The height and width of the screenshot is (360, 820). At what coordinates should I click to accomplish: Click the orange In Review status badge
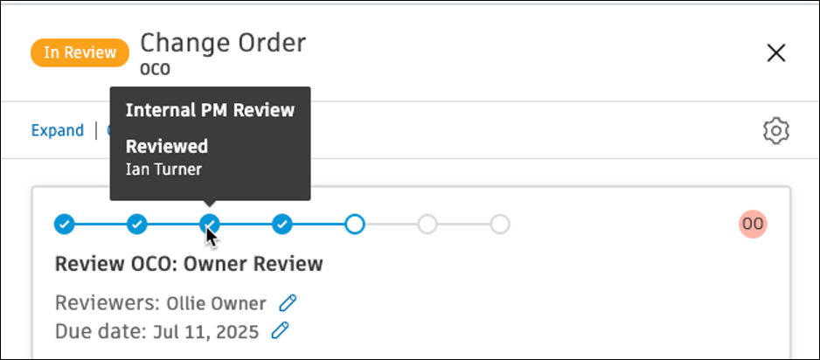point(80,52)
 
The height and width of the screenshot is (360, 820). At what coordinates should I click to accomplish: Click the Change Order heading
point(223,43)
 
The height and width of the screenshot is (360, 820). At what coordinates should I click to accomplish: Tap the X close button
point(776,52)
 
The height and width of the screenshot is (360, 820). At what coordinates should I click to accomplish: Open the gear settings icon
point(776,130)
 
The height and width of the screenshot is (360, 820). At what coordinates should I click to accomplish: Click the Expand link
point(58,130)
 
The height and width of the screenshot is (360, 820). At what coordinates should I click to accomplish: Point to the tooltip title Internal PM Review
point(210,110)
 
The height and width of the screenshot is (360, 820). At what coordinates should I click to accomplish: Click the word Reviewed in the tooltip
point(167,147)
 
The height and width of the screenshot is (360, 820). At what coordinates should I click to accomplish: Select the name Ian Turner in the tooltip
point(163,170)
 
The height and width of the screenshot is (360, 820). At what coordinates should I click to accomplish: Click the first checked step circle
point(65,225)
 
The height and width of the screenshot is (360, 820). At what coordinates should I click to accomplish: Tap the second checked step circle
point(137,225)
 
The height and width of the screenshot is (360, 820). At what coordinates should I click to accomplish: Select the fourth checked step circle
point(282,225)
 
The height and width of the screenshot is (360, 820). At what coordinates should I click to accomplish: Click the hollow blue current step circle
point(355,225)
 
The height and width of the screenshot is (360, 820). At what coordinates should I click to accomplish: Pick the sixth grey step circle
point(427,225)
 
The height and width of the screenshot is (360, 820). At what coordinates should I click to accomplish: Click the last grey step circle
point(500,225)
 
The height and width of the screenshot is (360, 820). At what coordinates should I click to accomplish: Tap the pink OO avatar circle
point(753,225)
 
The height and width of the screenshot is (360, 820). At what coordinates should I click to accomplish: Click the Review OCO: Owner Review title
point(189,264)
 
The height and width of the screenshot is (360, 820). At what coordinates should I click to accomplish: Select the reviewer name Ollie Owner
point(216,303)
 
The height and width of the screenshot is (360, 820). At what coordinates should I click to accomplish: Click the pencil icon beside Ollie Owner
point(288,302)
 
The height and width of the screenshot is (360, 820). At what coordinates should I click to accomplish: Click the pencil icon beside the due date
point(281,331)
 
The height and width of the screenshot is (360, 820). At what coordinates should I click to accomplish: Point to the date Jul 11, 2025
point(205,332)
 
